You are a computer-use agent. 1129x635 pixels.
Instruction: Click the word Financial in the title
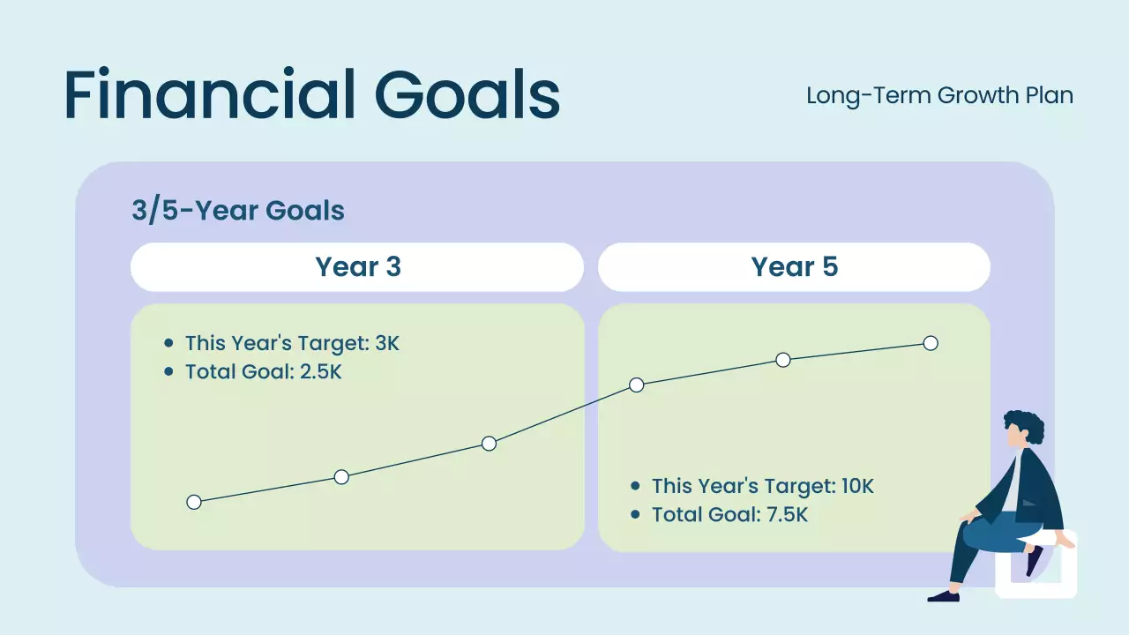point(210,94)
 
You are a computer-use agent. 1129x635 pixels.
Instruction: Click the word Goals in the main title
point(467,94)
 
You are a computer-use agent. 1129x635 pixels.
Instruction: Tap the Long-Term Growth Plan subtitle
point(939,96)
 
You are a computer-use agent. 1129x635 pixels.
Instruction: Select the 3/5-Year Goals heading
point(238,210)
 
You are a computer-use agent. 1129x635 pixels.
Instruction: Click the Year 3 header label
point(358,266)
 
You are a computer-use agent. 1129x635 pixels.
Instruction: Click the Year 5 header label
point(795,266)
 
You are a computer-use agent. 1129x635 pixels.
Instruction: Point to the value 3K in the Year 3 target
point(387,343)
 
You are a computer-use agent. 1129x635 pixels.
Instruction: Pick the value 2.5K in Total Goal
point(320,372)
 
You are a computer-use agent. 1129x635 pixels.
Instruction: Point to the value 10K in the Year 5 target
point(857,486)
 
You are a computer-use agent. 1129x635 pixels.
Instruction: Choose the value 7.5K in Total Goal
point(788,515)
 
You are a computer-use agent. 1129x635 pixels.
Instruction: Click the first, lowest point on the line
point(194,502)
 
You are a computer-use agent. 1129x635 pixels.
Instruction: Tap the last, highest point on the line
point(931,343)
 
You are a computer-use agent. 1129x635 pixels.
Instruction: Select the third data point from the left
point(489,444)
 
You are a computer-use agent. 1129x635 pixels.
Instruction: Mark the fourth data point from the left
point(637,385)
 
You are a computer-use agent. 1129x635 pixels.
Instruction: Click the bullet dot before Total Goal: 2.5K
point(168,372)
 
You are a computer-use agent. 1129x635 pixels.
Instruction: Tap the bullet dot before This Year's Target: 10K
point(635,486)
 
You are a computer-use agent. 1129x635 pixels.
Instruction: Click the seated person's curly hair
point(1026,424)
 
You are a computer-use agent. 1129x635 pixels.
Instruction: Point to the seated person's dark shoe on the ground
point(944,596)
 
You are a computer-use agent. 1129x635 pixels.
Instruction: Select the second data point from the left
point(341,477)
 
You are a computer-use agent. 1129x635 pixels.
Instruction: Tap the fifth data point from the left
point(782,360)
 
